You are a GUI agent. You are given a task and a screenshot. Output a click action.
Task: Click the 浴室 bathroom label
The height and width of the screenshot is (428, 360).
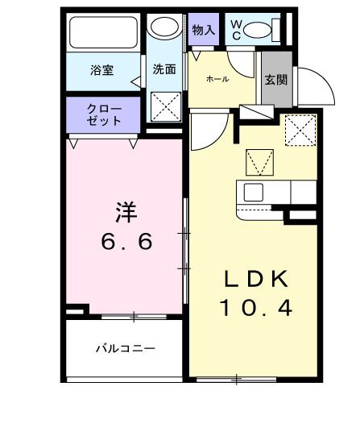(x=101, y=70)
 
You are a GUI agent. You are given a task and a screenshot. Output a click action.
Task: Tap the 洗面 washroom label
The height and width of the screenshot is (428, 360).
(x=164, y=69)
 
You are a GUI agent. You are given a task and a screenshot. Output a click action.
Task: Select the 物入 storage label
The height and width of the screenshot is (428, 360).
(x=204, y=30)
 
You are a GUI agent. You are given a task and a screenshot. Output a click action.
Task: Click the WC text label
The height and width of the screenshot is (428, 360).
(x=236, y=30)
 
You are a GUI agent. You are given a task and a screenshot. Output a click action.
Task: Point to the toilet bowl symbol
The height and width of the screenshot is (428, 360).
(x=259, y=31)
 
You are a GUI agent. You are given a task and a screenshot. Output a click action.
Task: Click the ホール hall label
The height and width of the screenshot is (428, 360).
(x=217, y=79)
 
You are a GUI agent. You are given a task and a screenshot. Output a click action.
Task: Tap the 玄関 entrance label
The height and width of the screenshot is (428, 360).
(x=276, y=79)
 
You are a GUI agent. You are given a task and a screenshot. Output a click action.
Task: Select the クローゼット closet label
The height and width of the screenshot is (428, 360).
(x=105, y=114)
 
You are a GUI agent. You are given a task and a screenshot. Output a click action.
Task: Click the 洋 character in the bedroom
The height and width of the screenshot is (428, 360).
(x=125, y=212)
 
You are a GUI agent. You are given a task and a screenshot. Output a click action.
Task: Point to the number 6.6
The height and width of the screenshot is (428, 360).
(x=125, y=241)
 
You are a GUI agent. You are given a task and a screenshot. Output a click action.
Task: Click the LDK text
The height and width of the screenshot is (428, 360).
(x=255, y=279)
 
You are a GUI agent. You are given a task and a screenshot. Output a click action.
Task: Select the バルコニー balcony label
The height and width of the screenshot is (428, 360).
(x=125, y=348)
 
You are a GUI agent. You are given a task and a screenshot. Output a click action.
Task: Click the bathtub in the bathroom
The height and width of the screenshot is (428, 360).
(x=105, y=34)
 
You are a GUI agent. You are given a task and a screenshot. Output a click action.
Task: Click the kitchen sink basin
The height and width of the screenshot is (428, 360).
(x=254, y=193)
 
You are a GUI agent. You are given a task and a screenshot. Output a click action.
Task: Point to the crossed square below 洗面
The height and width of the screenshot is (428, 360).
(x=166, y=105)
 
